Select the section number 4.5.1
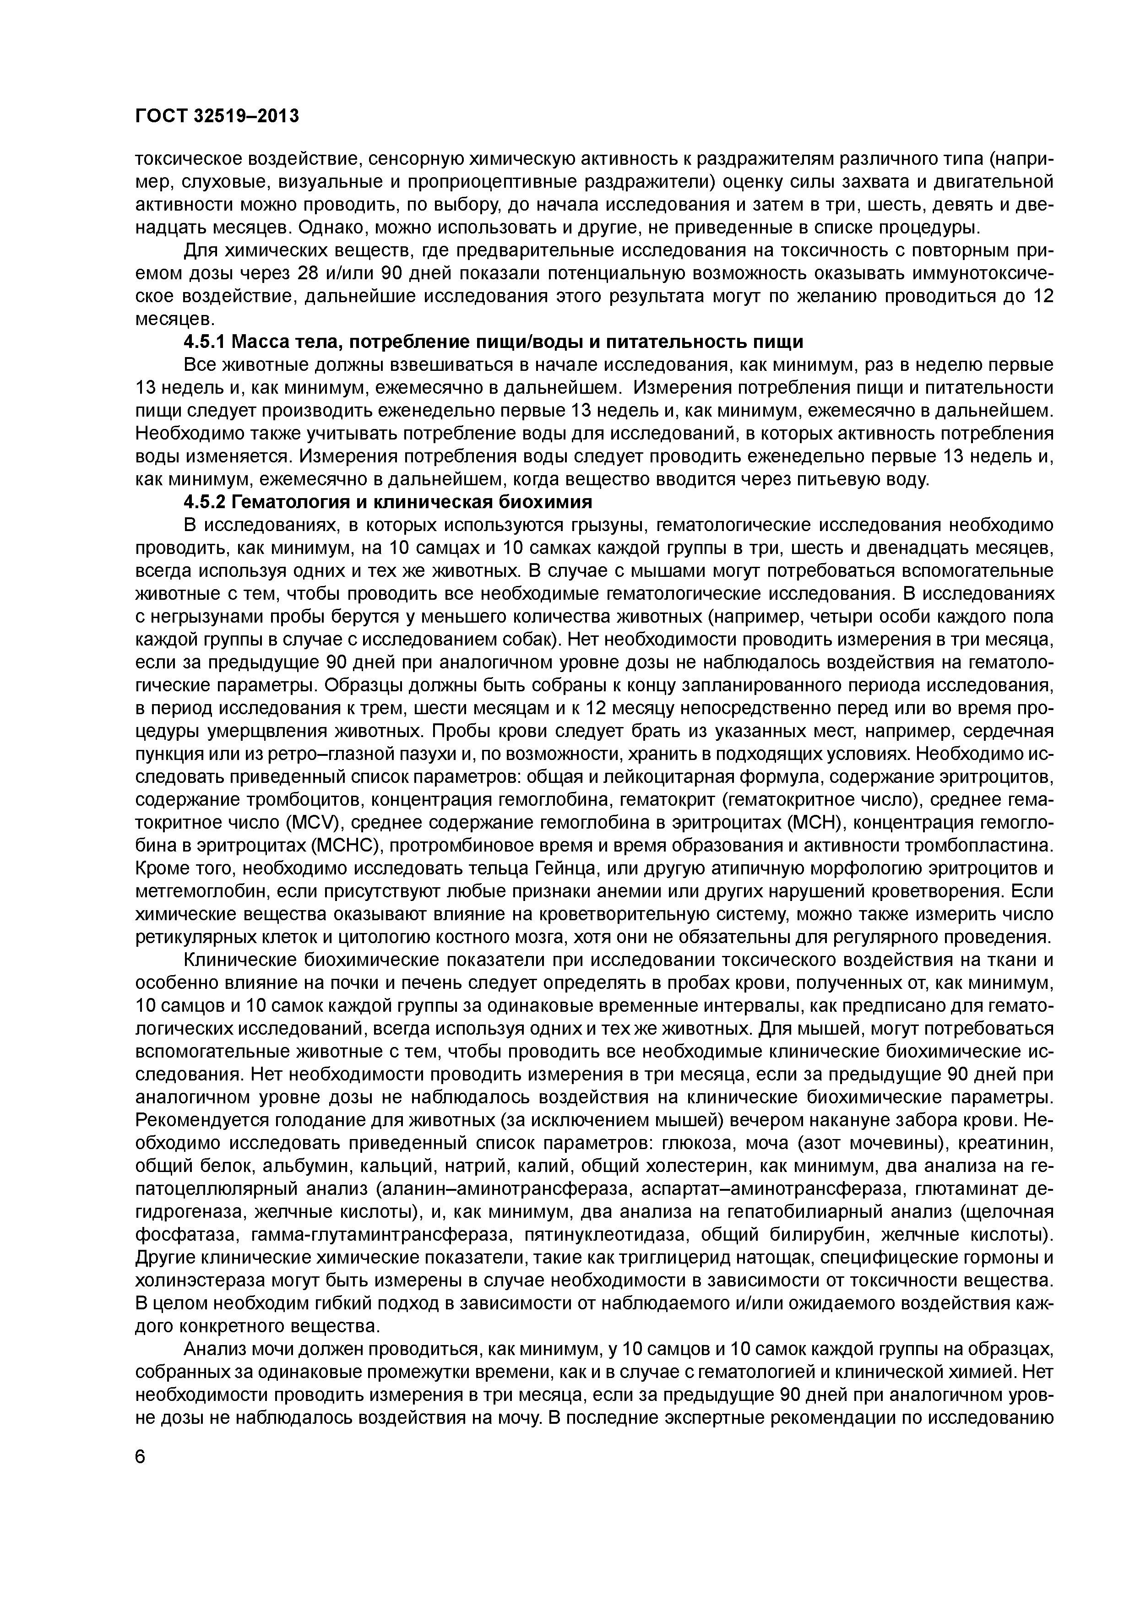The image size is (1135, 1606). [205, 342]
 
